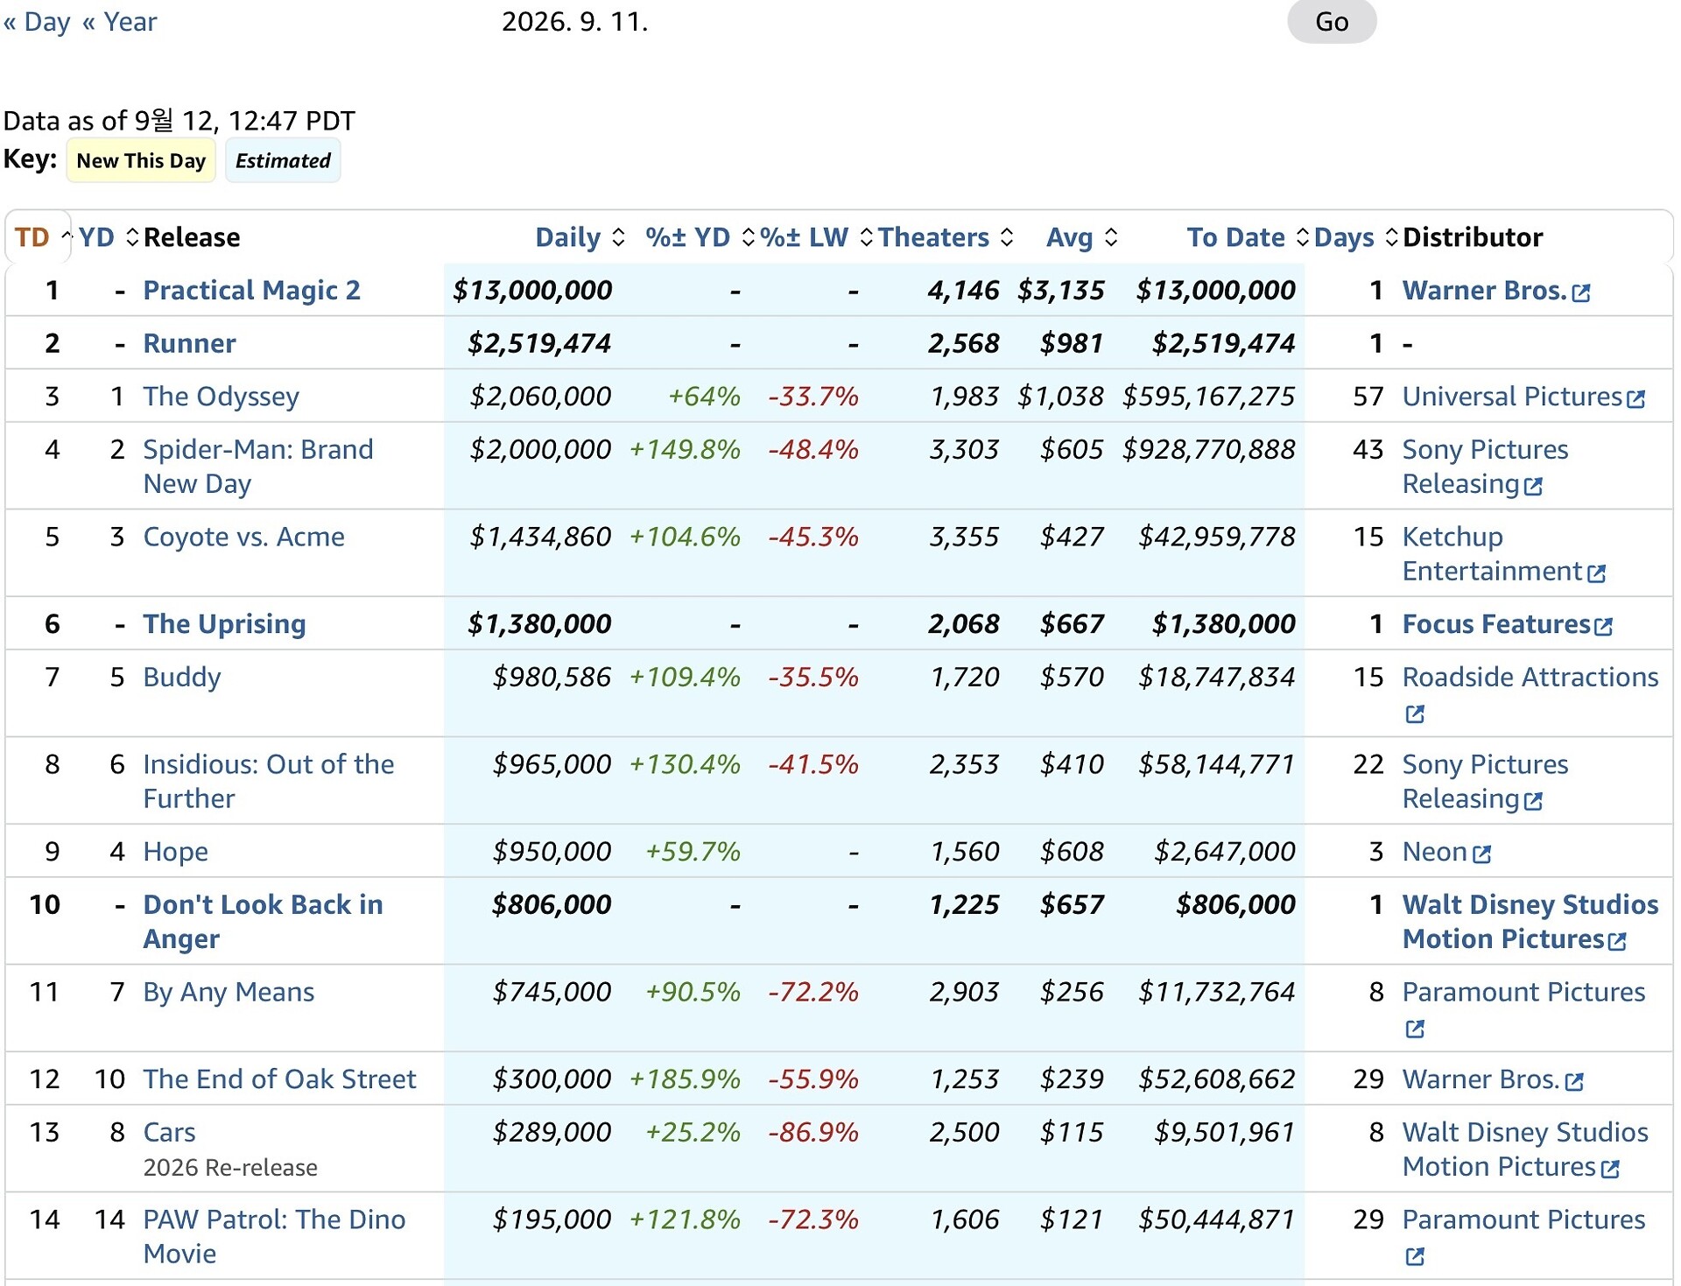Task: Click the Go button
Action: (1331, 21)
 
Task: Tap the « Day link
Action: (37, 21)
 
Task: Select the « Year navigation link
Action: (120, 21)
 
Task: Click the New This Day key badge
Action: (141, 160)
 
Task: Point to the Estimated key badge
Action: (283, 160)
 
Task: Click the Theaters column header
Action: (933, 237)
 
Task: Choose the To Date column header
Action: (1235, 237)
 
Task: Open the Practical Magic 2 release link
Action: (251, 290)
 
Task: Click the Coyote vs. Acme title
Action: (243, 537)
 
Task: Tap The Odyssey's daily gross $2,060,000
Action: (540, 397)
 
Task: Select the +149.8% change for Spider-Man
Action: (685, 449)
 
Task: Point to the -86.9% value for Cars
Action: (813, 1132)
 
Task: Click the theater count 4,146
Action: (963, 290)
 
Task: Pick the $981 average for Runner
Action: (1072, 343)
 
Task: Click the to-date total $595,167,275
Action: (1208, 397)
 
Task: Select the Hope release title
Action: (175, 852)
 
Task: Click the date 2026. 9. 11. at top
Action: (574, 21)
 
